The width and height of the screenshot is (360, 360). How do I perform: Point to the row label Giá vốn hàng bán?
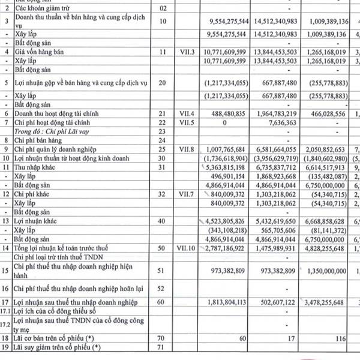[41, 53]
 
